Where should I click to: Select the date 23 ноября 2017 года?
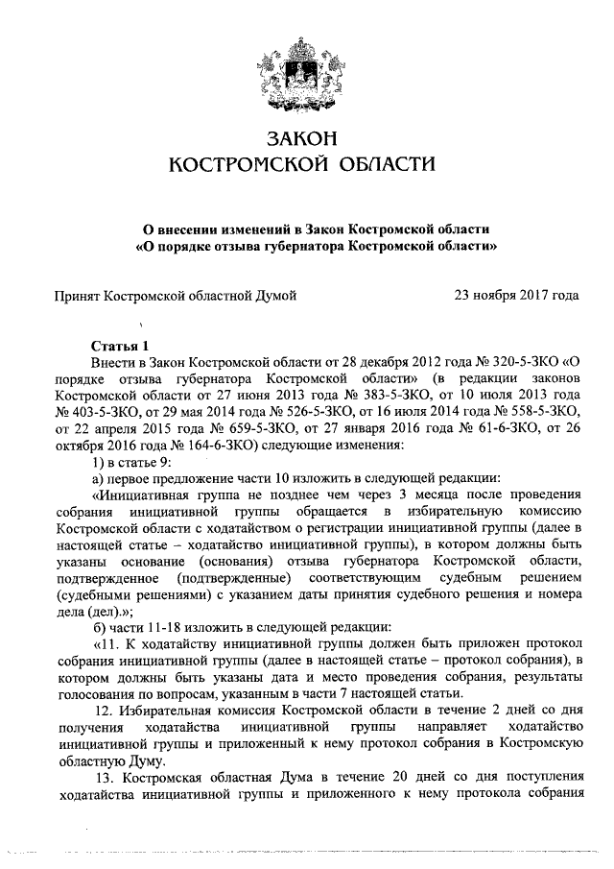point(516,295)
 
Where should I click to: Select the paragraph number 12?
point(109,709)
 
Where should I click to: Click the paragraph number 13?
point(109,774)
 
